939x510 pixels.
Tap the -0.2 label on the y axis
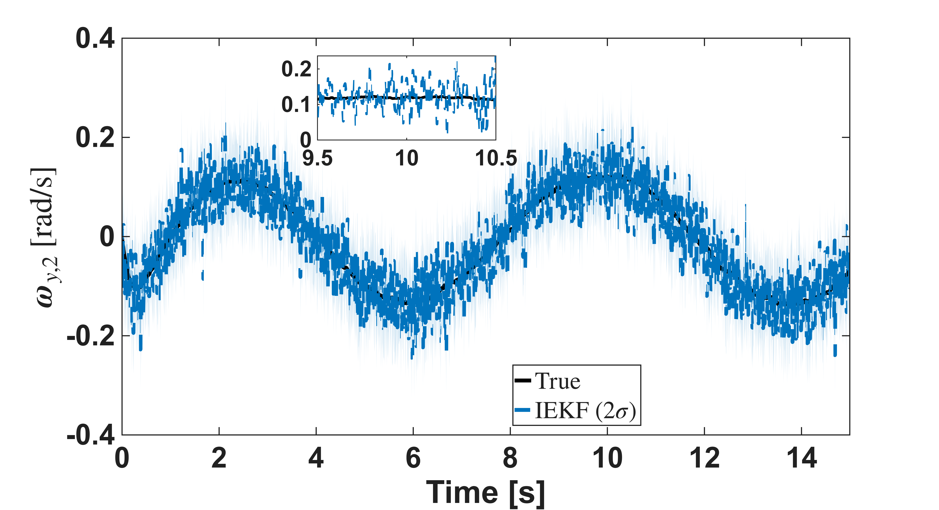(91, 336)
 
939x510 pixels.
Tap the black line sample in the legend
(523, 381)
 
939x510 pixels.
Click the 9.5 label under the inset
(317, 158)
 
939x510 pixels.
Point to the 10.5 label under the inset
(496, 158)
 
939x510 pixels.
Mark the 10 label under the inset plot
(406, 158)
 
